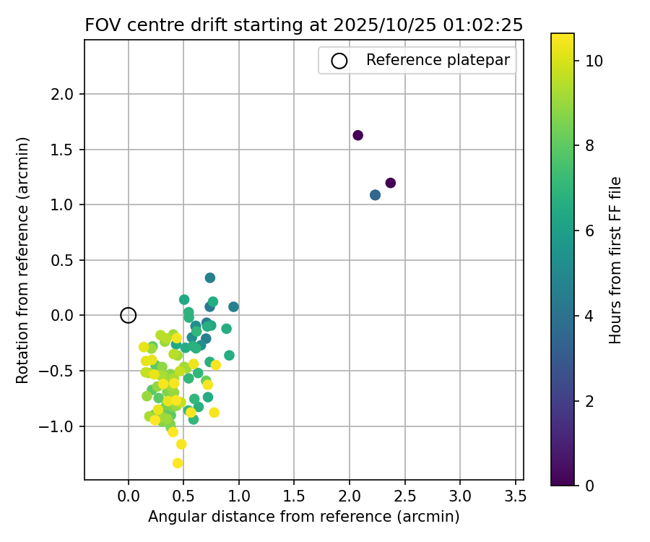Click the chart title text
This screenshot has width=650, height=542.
pos(303,25)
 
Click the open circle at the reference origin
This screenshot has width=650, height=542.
pos(129,315)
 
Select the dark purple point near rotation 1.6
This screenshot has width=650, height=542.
pos(357,135)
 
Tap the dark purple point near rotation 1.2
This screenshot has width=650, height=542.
pos(391,183)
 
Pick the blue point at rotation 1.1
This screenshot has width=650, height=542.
pos(375,195)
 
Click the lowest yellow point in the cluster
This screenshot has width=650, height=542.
pos(178,463)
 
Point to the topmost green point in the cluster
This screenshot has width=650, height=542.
pos(210,278)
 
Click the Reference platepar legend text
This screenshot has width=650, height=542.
pos(438,60)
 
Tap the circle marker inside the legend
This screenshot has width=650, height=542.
pos(339,61)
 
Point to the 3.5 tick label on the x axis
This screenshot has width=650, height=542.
pos(515,496)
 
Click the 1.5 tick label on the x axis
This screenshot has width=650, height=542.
pos(294,496)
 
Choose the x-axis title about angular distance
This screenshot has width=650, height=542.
pos(303,517)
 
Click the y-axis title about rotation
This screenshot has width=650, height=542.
pos(24,260)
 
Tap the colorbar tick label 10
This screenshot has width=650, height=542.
pos(594,60)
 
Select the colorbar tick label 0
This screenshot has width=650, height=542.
pos(589,486)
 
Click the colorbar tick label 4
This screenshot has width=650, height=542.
pos(589,316)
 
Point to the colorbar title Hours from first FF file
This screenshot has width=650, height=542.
pos(615,260)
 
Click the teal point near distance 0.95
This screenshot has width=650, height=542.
pos(233,306)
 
